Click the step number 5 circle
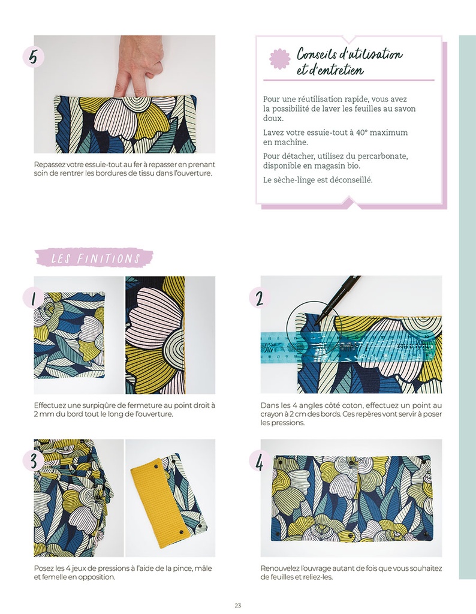pyautogui.click(x=34, y=57)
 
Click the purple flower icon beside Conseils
pyautogui.click(x=279, y=59)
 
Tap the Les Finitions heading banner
pyautogui.click(x=94, y=258)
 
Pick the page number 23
pyautogui.click(x=237, y=605)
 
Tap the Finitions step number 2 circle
pyautogui.click(x=260, y=298)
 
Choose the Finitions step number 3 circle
pyautogui.click(x=34, y=460)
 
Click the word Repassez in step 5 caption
pyautogui.click(x=50, y=165)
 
